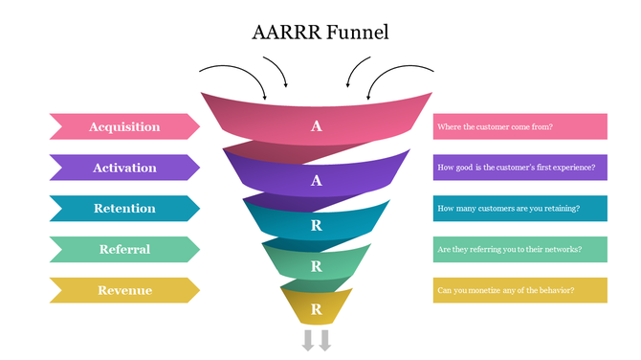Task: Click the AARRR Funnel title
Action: coord(320,32)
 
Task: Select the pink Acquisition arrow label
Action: coord(124,126)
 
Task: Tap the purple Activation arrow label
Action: coord(124,168)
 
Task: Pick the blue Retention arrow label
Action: coord(124,209)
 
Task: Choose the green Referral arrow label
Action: coord(124,250)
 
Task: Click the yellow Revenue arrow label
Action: coord(124,290)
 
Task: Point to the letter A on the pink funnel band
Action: coord(317,126)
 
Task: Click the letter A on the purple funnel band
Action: coord(317,180)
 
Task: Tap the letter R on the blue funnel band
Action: coord(317,226)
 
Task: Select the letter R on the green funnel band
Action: coord(317,266)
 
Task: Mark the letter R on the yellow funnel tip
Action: coord(317,309)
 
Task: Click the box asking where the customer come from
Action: coord(519,126)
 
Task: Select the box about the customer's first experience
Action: coord(519,168)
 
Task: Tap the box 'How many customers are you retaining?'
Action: coord(519,209)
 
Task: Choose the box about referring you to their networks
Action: coord(519,250)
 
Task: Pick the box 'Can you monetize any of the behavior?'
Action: coord(519,290)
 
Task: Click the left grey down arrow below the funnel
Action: coord(309,340)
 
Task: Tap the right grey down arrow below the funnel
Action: coord(325,340)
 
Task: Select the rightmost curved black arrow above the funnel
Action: coord(402,75)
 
